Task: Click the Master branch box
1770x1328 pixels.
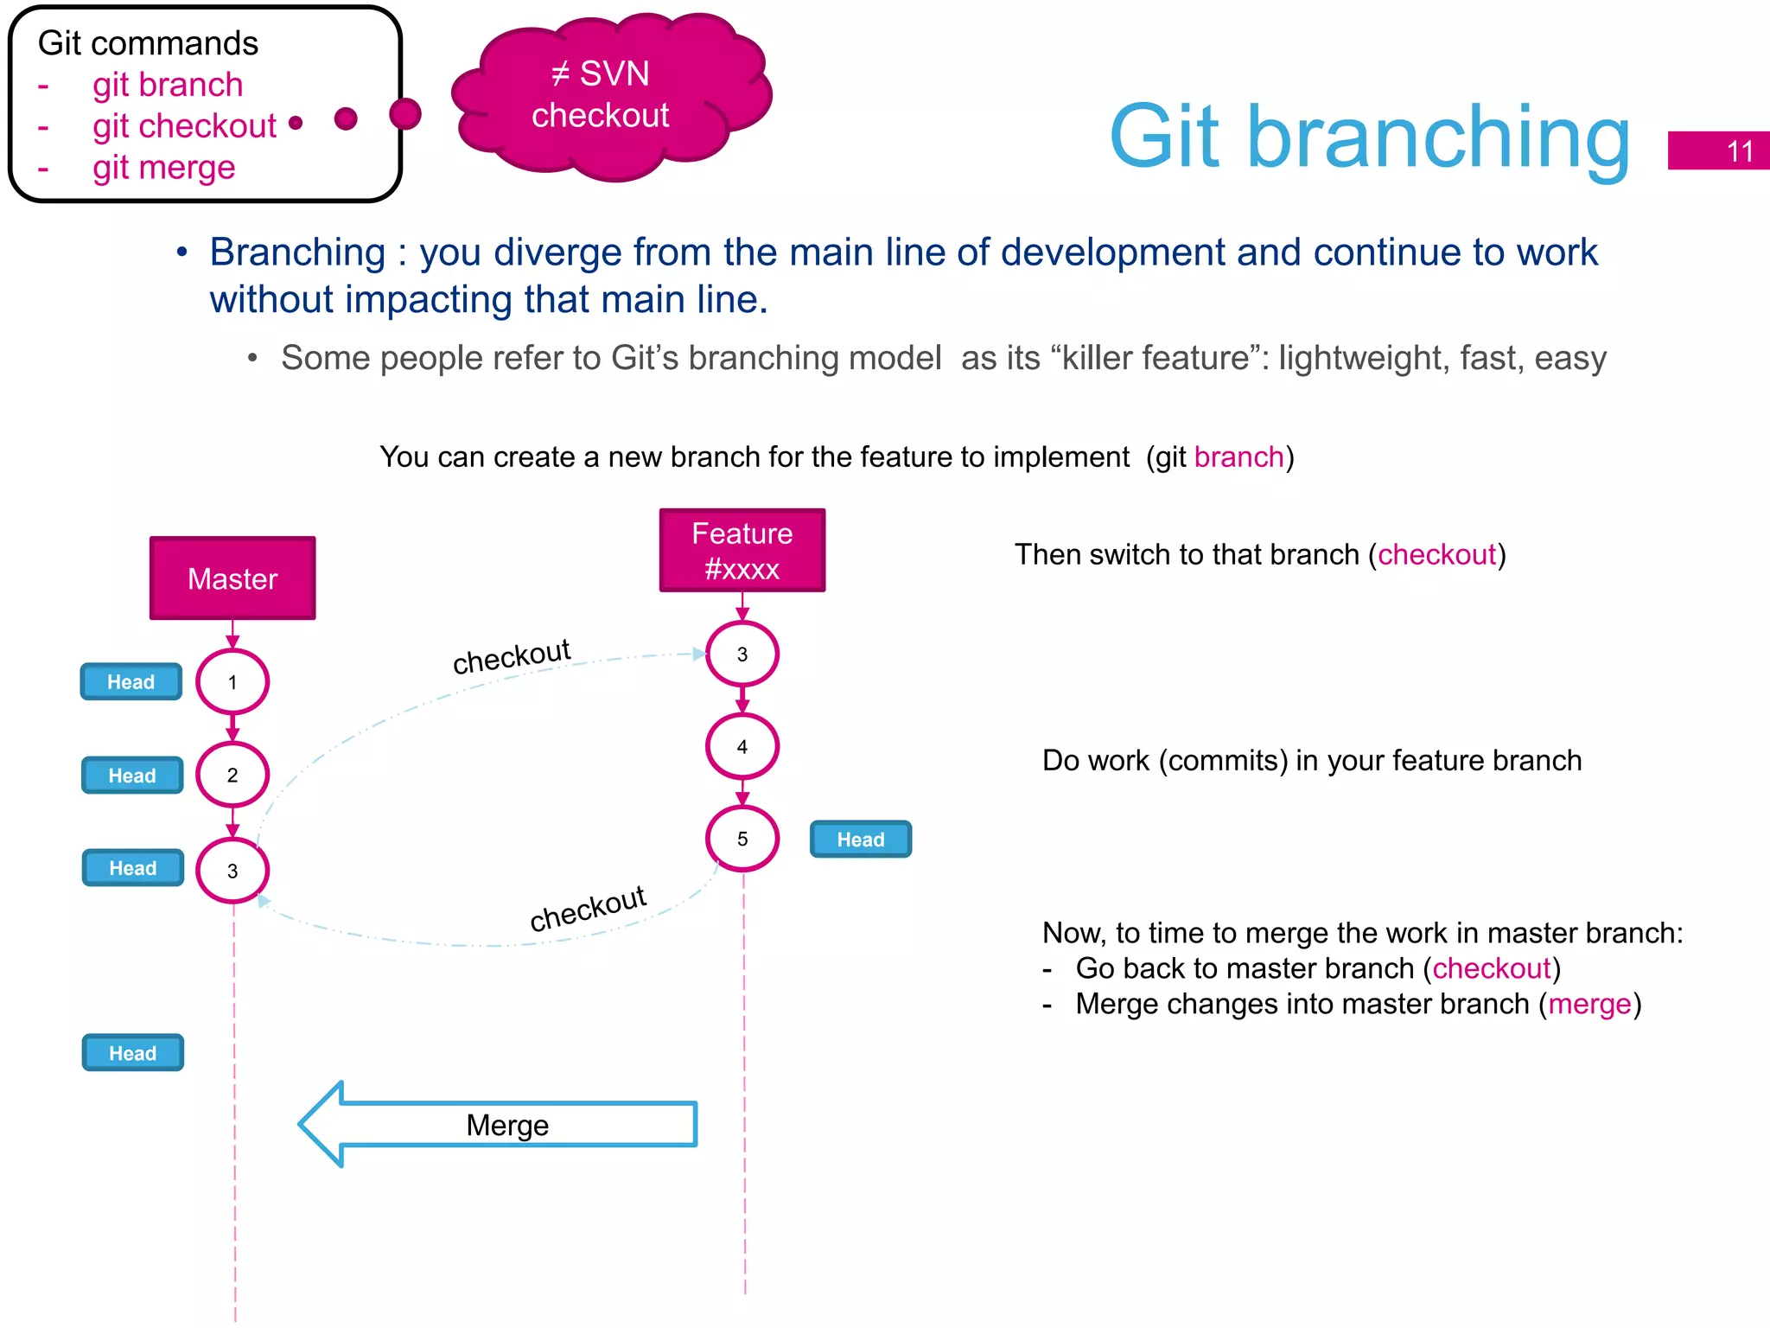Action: coord(232,578)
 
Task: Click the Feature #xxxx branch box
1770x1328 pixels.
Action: coord(742,551)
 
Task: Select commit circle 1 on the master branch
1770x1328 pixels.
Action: coord(232,682)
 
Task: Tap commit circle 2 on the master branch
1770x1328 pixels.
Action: coord(232,775)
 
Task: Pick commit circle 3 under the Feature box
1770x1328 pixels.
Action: coord(742,654)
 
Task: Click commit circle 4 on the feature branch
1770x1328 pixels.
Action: coord(742,746)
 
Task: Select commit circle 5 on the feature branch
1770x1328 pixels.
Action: coord(742,838)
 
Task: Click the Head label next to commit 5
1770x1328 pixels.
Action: coord(860,839)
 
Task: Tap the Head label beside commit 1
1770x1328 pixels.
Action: coord(131,681)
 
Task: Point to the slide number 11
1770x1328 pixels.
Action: coord(1738,151)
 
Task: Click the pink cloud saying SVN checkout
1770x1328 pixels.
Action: coord(610,95)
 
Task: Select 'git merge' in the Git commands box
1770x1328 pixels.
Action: coord(163,167)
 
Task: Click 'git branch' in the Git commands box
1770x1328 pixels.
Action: coord(168,85)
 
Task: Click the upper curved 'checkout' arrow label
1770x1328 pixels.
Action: coord(512,656)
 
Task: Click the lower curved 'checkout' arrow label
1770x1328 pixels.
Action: coord(588,908)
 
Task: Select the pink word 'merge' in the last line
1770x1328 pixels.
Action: coord(1589,1004)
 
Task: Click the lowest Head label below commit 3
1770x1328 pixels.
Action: coord(132,1052)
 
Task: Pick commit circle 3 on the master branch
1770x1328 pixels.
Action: coord(232,870)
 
